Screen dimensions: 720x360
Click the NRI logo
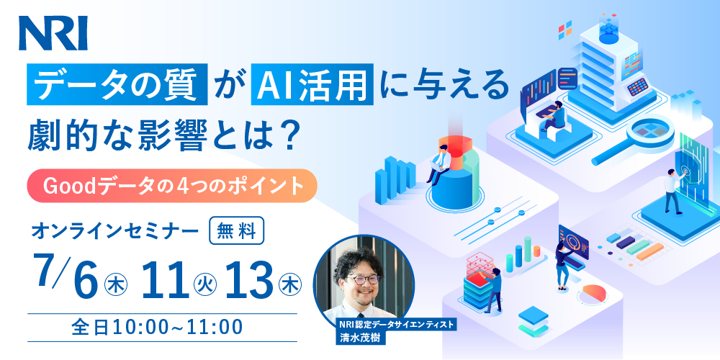click(x=53, y=33)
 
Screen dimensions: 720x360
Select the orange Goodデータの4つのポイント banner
click(x=172, y=186)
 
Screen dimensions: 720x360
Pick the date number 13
click(x=248, y=279)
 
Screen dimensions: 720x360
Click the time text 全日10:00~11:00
click(x=157, y=328)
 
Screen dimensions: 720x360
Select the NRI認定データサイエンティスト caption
click(x=397, y=325)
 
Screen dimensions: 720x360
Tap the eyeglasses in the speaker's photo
click(x=362, y=279)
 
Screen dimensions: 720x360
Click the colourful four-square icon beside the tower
click(x=564, y=30)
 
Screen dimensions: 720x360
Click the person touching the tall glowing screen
click(x=674, y=191)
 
